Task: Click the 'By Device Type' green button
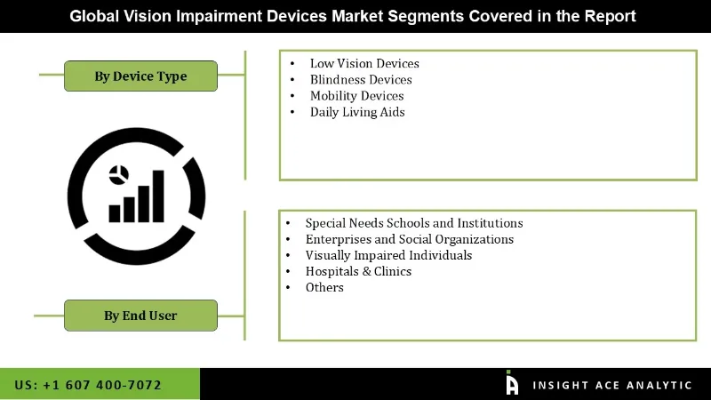(x=140, y=76)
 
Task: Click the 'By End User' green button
(x=140, y=315)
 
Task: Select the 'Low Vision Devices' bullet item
(x=363, y=63)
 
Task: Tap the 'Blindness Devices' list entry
(x=360, y=79)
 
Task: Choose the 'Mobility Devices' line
(x=356, y=95)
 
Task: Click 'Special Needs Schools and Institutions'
(x=413, y=223)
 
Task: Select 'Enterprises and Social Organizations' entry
(x=409, y=239)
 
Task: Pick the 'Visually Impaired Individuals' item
(x=388, y=255)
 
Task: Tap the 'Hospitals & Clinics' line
(x=358, y=271)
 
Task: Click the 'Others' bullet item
(x=324, y=287)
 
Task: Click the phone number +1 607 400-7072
(x=88, y=385)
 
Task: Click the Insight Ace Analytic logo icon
(x=512, y=383)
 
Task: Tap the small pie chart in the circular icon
(x=117, y=174)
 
